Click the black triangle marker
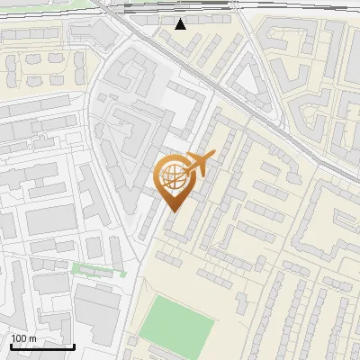181,23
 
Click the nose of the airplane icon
213,157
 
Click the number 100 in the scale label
18,338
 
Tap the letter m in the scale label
31,338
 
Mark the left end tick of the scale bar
11,346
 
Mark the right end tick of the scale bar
74,346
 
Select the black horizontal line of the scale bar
42,347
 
